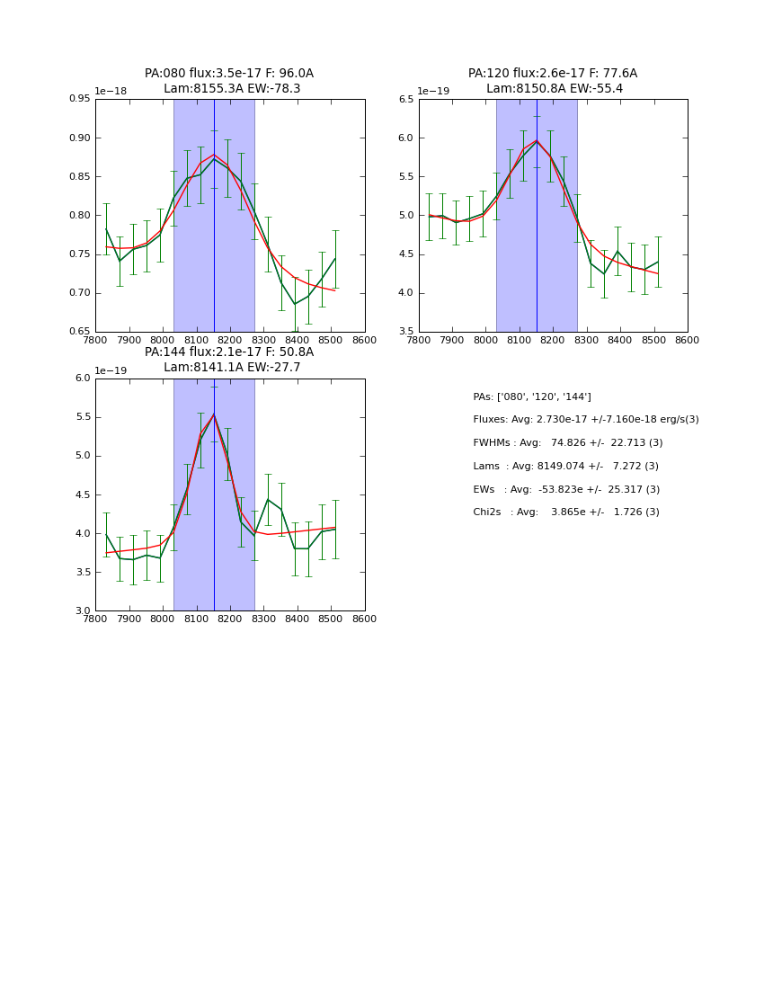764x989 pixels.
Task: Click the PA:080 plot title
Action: pos(229,81)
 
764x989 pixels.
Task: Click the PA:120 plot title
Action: pos(553,81)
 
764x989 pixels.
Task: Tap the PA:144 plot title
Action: pos(229,360)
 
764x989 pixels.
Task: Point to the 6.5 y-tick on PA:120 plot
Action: pos(406,100)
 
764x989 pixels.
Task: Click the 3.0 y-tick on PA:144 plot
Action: pos(83,611)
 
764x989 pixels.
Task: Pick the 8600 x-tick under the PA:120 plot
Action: pos(688,341)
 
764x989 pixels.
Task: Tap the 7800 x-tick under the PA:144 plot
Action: pos(95,619)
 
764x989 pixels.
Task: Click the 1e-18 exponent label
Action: pos(111,92)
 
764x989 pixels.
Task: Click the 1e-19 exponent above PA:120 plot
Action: pos(433,92)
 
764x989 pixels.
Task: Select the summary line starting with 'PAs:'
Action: pos(532,397)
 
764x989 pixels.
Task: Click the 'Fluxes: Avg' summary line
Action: pos(586,420)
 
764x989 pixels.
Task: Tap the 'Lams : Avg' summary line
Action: pos(566,467)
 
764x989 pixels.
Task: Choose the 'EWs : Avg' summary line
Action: pos(566,490)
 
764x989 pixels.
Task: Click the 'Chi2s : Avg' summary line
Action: pos(566,512)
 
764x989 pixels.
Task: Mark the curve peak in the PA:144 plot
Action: pos(214,414)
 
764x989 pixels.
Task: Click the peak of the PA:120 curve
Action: pos(537,140)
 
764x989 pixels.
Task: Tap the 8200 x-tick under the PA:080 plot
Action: pos(230,341)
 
